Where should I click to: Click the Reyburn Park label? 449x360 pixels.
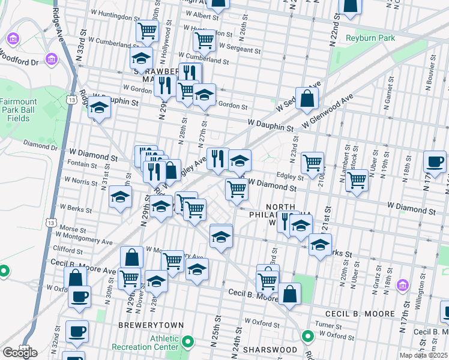[x=370, y=38]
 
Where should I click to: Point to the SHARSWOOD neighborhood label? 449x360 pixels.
[x=270, y=349]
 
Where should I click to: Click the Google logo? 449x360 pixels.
[x=20, y=353]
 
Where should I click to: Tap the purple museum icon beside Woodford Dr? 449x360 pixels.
[x=51, y=59]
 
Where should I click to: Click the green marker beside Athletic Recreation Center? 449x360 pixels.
[x=188, y=343]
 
